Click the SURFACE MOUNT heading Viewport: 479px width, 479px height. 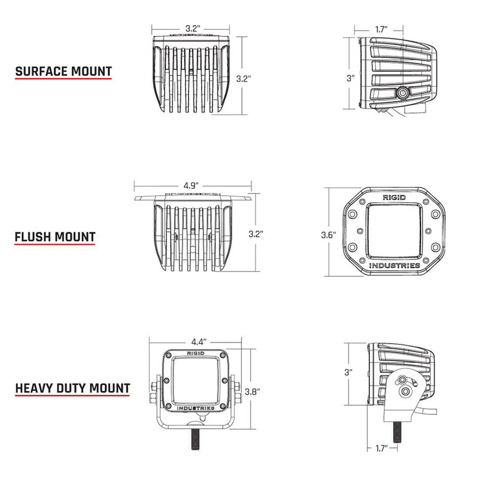63,72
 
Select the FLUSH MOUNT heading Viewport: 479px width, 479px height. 54,237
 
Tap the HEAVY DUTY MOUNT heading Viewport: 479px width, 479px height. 72,388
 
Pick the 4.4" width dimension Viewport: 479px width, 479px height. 199,342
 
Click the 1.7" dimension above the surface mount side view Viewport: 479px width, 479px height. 380,28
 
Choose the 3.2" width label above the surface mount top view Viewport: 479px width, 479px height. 192,28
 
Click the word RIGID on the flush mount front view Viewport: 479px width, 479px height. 393,196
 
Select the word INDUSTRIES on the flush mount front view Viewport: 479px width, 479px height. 393,265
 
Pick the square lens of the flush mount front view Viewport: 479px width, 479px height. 393,231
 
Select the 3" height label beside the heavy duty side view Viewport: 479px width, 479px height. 349,372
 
